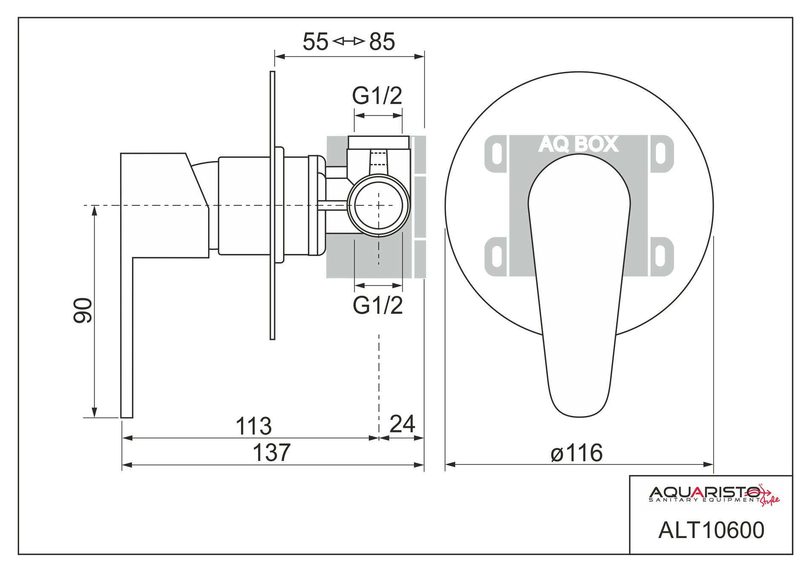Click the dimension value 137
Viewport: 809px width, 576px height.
click(x=272, y=452)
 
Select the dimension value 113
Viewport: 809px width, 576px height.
click(x=253, y=426)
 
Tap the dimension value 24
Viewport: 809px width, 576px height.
click(x=402, y=423)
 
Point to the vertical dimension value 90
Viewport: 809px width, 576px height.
click(x=83, y=310)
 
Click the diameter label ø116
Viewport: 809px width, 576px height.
click(x=577, y=452)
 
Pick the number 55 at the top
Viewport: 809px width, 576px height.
click(x=316, y=42)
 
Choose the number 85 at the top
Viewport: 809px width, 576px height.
click(x=382, y=42)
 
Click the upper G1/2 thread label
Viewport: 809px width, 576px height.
click(x=377, y=95)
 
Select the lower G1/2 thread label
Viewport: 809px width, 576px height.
click(x=378, y=305)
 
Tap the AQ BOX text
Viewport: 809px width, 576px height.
click(x=578, y=144)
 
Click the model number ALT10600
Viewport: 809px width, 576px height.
click(x=711, y=530)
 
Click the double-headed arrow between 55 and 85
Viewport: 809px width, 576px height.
click(x=349, y=41)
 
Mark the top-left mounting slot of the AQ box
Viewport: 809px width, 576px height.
click(x=496, y=154)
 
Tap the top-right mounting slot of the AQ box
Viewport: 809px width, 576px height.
click(x=660, y=154)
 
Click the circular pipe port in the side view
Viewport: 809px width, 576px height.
click(x=379, y=205)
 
